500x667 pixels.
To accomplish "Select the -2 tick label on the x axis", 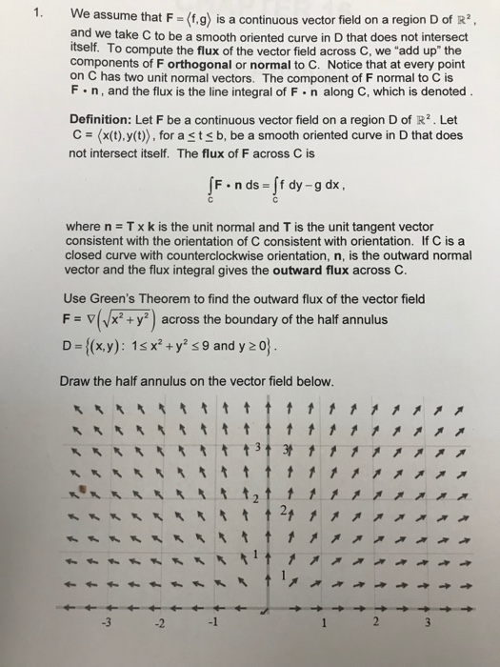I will click(163, 625).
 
